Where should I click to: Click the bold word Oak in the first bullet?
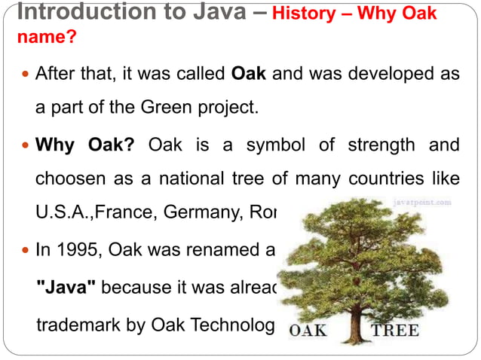tap(248, 75)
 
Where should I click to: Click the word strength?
tap(381, 144)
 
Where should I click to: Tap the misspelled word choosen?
tap(72, 179)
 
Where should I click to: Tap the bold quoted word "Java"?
tap(66, 287)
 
